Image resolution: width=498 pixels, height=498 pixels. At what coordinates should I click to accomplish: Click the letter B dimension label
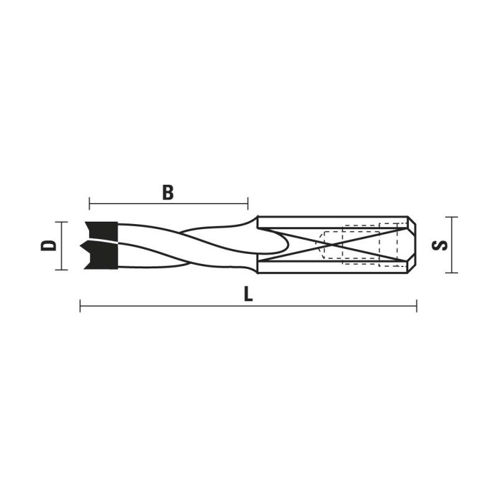(x=168, y=192)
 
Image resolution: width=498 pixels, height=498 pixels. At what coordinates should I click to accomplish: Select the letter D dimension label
(x=49, y=245)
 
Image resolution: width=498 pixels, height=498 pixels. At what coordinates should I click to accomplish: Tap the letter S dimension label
(x=440, y=245)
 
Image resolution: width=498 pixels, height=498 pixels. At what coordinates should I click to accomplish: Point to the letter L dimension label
(x=248, y=294)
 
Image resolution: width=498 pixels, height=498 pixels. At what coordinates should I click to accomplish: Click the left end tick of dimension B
(x=90, y=204)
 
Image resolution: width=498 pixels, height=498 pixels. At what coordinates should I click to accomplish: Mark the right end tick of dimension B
(x=248, y=204)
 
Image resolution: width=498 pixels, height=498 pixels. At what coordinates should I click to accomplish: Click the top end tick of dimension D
(x=61, y=222)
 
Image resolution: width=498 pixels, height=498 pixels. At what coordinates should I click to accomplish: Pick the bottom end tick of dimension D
(x=61, y=270)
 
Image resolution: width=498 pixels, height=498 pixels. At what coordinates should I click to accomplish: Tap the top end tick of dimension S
(x=451, y=217)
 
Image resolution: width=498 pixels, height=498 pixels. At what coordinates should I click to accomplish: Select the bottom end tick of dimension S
(x=451, y=273)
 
